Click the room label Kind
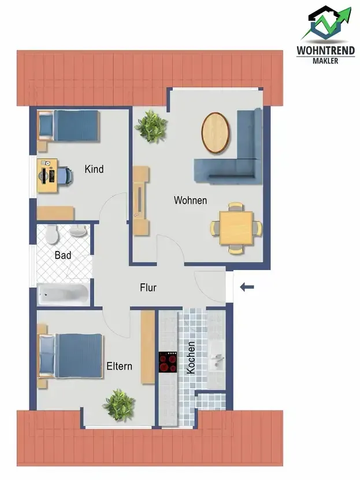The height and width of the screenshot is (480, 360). [x=94, y=169]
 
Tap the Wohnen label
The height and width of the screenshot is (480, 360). [x=190, y=200]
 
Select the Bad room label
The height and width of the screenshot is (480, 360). [x=63, y=255]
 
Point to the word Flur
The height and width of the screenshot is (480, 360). [x=148, y=287]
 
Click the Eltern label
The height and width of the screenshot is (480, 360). [x=119, y=366]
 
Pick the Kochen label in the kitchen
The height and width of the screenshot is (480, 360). [x=191, y=357]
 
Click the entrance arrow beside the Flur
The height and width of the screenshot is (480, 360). [x=247, y=287]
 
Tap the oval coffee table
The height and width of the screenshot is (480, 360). [x=216, y=132]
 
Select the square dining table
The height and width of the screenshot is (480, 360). [x=236, y=228]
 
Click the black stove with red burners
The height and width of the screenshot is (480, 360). [x=168, y=362]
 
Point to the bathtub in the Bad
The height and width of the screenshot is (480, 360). [x=64, y=294]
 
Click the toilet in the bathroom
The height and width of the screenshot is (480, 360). [x=52, y=234]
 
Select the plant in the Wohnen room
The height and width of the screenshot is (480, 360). [x=151, y=127]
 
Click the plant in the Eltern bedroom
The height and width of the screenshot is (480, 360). [x=119, y=405]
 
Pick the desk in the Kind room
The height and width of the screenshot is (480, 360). [x=47, y=176]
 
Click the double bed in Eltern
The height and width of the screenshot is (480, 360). [x=70, y=356]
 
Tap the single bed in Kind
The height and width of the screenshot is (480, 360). [x=69, y=126]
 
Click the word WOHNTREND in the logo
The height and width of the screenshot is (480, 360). [x=326, y=50]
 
